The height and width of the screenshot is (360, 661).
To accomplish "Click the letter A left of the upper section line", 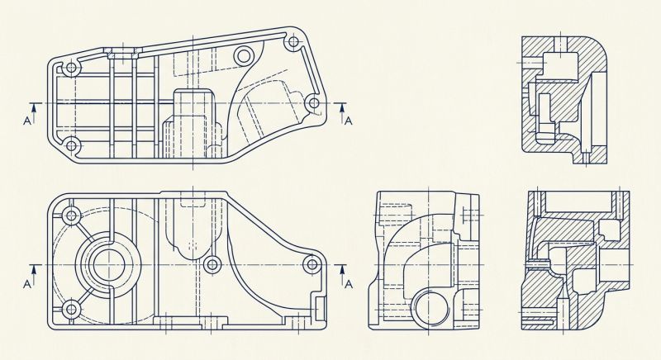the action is (x=27, y=121).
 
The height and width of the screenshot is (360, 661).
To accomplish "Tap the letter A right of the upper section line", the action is (x=348, y=121).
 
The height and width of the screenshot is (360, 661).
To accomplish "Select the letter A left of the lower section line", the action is (x=27, y=284).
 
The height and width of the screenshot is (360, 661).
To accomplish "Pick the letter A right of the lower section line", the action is (x=349, y=284).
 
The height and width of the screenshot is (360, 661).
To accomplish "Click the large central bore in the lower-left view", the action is (x=108, y=265).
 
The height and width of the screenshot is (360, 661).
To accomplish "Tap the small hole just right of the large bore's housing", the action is (x=212, y=265).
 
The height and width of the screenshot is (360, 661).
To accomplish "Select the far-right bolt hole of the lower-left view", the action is (x=312, y=264).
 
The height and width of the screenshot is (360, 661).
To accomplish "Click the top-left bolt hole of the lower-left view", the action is (x=72, y=216).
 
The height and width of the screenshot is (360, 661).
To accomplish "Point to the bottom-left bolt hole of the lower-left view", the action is (x=72, y=310).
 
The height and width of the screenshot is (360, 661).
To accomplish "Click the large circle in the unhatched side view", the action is (x=430, y=308).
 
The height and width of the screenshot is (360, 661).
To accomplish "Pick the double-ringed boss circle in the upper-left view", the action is (x=243, y=55).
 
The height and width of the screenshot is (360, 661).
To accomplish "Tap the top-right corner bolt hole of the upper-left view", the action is (x=293, y=41).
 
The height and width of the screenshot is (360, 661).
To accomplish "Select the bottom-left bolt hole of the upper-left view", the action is (x=72, y=146).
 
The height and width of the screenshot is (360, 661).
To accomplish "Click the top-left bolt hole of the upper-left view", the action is (x=72, y=68).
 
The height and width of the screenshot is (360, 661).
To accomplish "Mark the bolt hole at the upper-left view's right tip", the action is (x=313, y=102).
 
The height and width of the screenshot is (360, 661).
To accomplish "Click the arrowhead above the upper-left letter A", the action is (x=34, y=107).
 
